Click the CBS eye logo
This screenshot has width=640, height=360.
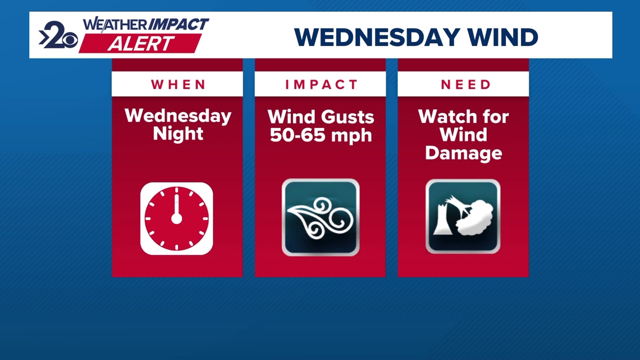tap(70, 41)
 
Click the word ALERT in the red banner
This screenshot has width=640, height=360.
tap(141, 44)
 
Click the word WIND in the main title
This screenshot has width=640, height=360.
tap(503, 37)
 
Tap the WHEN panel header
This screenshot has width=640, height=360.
tap(179, 84)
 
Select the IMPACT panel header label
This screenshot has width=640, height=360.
tap(321, 84)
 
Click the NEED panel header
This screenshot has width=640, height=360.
tap(466, 84)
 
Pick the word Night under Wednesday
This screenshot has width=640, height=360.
tap(178, 134)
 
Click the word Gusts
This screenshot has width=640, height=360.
tap(347, 117)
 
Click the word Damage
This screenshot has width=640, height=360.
tap(463, 153)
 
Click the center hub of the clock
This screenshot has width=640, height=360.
tap(176, 219)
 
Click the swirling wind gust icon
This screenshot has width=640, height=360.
tap(321, 217)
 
